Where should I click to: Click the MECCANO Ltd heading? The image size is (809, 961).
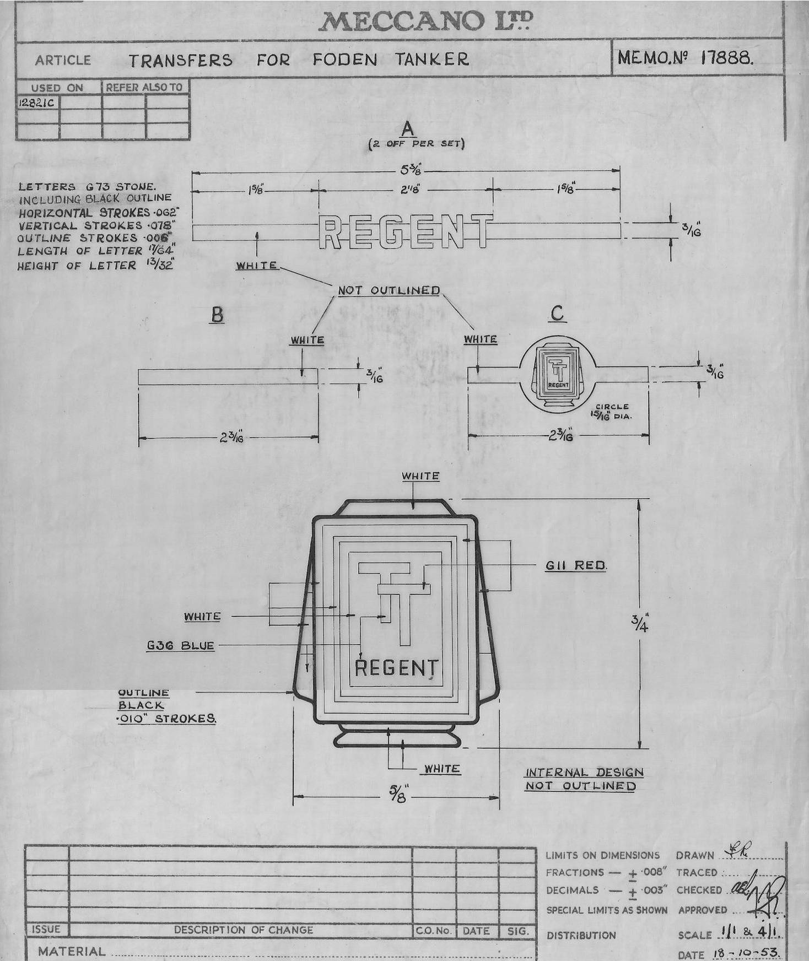425,22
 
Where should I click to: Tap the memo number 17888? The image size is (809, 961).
726,58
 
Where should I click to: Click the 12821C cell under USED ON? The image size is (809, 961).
37,103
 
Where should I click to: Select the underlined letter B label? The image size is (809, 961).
217,315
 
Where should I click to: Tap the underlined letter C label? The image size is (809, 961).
557,314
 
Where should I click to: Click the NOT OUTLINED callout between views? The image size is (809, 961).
389,290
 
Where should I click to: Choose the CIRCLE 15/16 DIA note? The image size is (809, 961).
612,411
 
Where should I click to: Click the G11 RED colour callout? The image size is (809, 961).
576,565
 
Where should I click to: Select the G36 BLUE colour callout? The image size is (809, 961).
180,645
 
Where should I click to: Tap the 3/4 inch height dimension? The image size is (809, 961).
640,624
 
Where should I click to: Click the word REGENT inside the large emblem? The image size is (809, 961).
396,668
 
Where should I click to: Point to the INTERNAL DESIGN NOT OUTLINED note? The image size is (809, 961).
583,779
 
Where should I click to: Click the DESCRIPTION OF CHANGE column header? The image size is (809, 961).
243,930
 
